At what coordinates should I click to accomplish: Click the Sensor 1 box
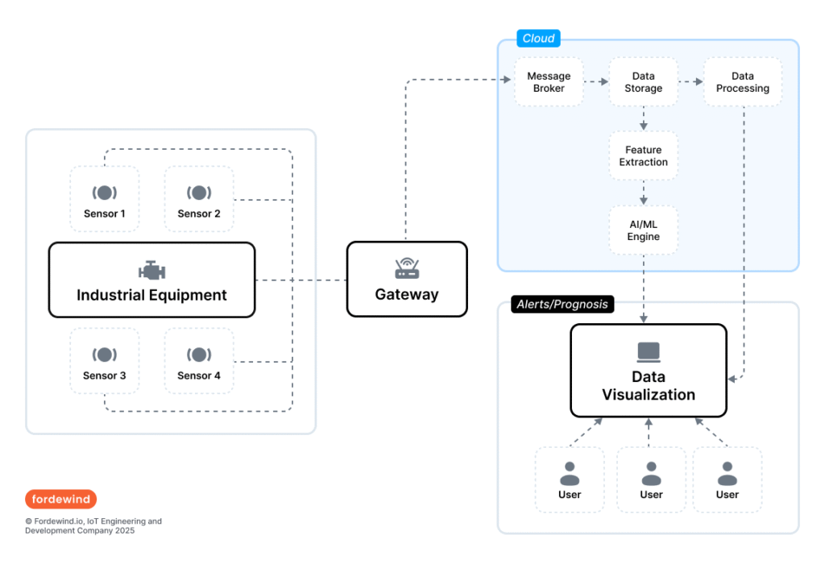pyautogui.click(x=105, y=200)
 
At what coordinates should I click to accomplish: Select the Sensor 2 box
pyautogui.click(x=199, y=200)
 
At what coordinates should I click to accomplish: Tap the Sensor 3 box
pyautogui.click(x=105, y=361)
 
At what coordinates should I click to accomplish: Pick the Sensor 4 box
pyautogui.click(x=199, y=361)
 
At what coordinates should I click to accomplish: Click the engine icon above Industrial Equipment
pyautogui.click(x=151, y=270)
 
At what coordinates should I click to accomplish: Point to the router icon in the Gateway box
pyautogui.click(x=407, y=268)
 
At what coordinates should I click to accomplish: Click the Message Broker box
pyautogui.click(x=549, y=82)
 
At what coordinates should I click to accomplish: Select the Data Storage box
pyautogui.click(x=643, y=82)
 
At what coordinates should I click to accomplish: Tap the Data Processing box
pyautogui.click(x=742, y=82)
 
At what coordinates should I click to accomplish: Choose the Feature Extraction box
pyautogui.click(x=643, y=156)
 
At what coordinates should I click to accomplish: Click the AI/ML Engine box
pyautogui.click(x=643, y=230)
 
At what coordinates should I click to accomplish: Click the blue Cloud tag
pyautogui.click(x=538, y=38)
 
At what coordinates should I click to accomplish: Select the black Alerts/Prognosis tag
pyautogui.click(x=563, y=304)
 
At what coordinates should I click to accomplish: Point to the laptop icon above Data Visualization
pyautogui.click(x=649, y=351)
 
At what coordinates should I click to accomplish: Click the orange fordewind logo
pyautogui.click(x=60, y=499)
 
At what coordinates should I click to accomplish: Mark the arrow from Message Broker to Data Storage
pyautogui.click(x=595, y=82)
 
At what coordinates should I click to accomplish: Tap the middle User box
pyautogui.click(x=651, y=480)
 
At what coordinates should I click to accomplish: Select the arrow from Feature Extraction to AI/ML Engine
pyautogui.click(x=643, y=193)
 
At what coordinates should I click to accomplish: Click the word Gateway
pyautogui.click(x=407, y=294)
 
